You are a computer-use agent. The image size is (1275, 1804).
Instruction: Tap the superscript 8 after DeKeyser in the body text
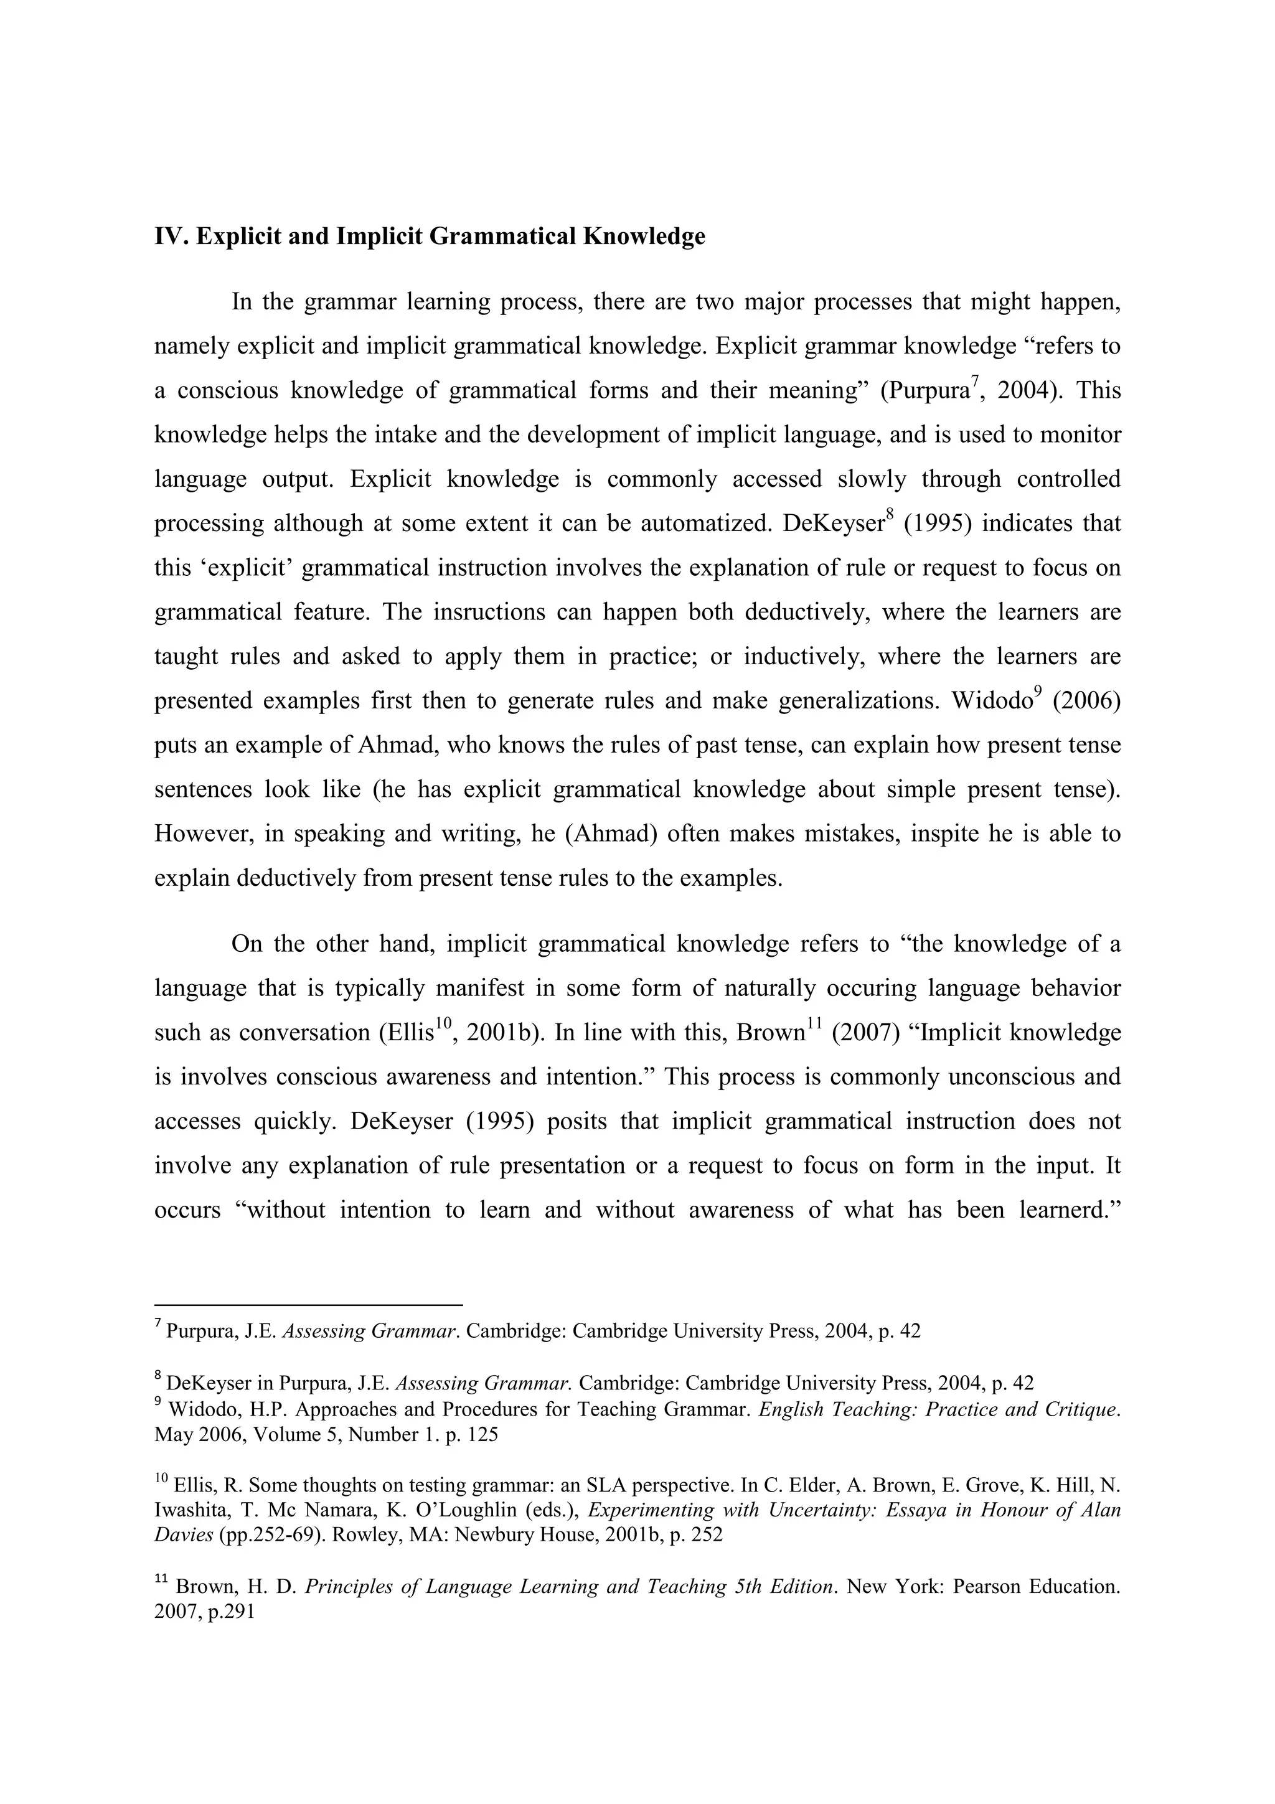[x=890, y=515]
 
